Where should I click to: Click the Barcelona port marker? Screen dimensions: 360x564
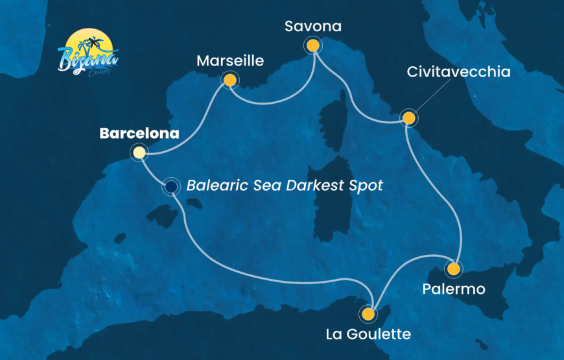click(x=139, y=153)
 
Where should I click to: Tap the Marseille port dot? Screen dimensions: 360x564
click(x=229, y=80)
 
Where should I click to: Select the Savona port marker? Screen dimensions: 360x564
click(x=313, y=45)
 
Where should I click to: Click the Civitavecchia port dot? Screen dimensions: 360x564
click(x=408, y=118)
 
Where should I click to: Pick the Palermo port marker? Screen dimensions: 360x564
click(x=454, y=268)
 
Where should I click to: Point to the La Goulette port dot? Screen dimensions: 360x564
click(x=368, y=315)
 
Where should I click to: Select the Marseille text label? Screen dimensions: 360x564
click(x=230, y=61)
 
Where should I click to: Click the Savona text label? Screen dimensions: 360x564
click(x=313, y=27)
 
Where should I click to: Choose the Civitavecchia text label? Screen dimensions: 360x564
click(x=458, y=72)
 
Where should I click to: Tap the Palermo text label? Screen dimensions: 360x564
click(x=454, y=289)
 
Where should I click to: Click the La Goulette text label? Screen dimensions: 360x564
click(x=369, y=335)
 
